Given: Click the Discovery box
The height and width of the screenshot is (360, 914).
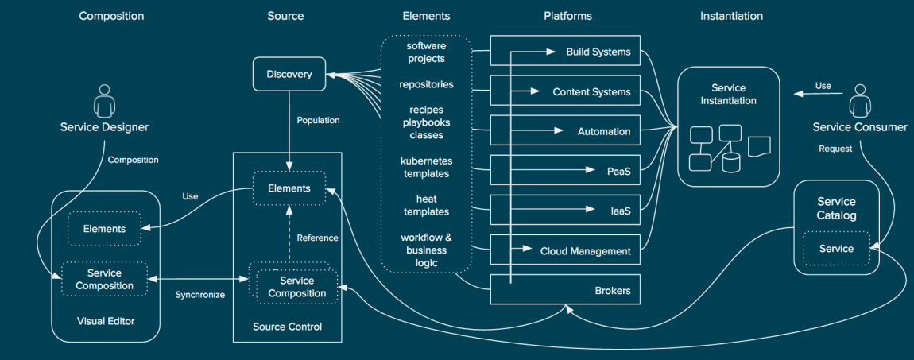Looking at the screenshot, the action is click(x=289, y=74).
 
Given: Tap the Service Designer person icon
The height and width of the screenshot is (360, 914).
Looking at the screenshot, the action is click(x=104, y=102).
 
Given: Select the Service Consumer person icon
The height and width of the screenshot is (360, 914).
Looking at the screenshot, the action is click(x=860, y=102).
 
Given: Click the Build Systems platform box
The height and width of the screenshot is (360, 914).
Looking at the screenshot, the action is click(x=565, y=52).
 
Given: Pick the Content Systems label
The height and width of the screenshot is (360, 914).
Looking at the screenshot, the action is click(x=591, y=92).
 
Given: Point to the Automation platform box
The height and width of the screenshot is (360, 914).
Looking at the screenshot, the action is click(x=565, y=131).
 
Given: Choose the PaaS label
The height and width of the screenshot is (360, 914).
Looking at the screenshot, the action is click(x=619, y=172).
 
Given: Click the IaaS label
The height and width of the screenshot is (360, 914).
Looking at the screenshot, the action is click(x=620, y=211).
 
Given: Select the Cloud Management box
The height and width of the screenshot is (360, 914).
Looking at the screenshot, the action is click(x=565, y=250).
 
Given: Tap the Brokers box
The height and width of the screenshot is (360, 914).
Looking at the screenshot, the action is click(x=565, y=289).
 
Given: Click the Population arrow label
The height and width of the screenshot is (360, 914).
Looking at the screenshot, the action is click(x=318, y=121).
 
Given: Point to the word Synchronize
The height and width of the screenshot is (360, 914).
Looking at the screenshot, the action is click(x=200, y=295).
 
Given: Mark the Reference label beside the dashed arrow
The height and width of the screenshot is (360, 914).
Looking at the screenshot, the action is click(x=317, y=238).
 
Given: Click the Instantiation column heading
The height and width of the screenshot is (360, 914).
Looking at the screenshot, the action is click(x=731, y=17).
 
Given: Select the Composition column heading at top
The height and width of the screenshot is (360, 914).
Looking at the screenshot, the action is click(x=111, y=17).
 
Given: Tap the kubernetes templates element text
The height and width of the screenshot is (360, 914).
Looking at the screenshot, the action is click(x=426, y=167).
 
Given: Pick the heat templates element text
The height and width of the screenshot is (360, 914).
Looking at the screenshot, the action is click(x=426, y=206).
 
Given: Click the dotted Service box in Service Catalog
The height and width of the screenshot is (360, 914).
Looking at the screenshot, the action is click(x=836, y=249).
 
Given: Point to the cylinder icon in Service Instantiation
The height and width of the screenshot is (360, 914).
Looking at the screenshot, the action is click(x=731, y=162).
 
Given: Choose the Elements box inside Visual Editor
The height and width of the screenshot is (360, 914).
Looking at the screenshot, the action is click(x=104, y=229).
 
